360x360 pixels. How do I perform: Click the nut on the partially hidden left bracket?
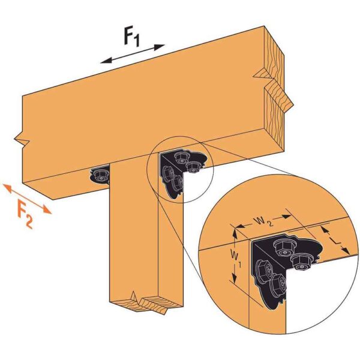click(x=97, y=174)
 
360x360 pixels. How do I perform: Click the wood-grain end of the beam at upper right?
click(x=278, y=90)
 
